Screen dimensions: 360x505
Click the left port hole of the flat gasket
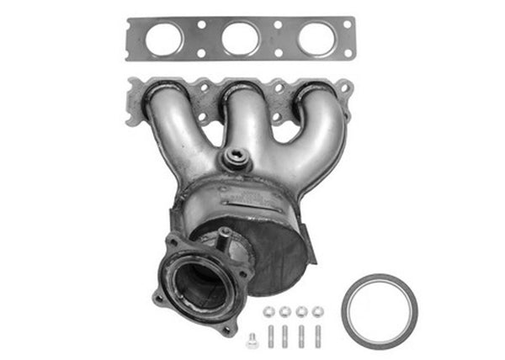(164, 39)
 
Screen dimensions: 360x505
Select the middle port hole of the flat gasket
(241, 39)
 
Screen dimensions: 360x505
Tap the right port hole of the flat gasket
(316, 39)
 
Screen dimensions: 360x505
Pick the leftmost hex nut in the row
(268, 312)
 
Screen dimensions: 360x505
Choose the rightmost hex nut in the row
(316, 312)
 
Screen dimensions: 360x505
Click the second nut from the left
(284, 312)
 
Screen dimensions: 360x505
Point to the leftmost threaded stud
(269, 336)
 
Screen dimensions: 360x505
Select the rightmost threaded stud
(316, 336)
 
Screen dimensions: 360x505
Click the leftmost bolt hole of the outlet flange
(159, 297)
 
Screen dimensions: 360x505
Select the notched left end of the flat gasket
(135, 39)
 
